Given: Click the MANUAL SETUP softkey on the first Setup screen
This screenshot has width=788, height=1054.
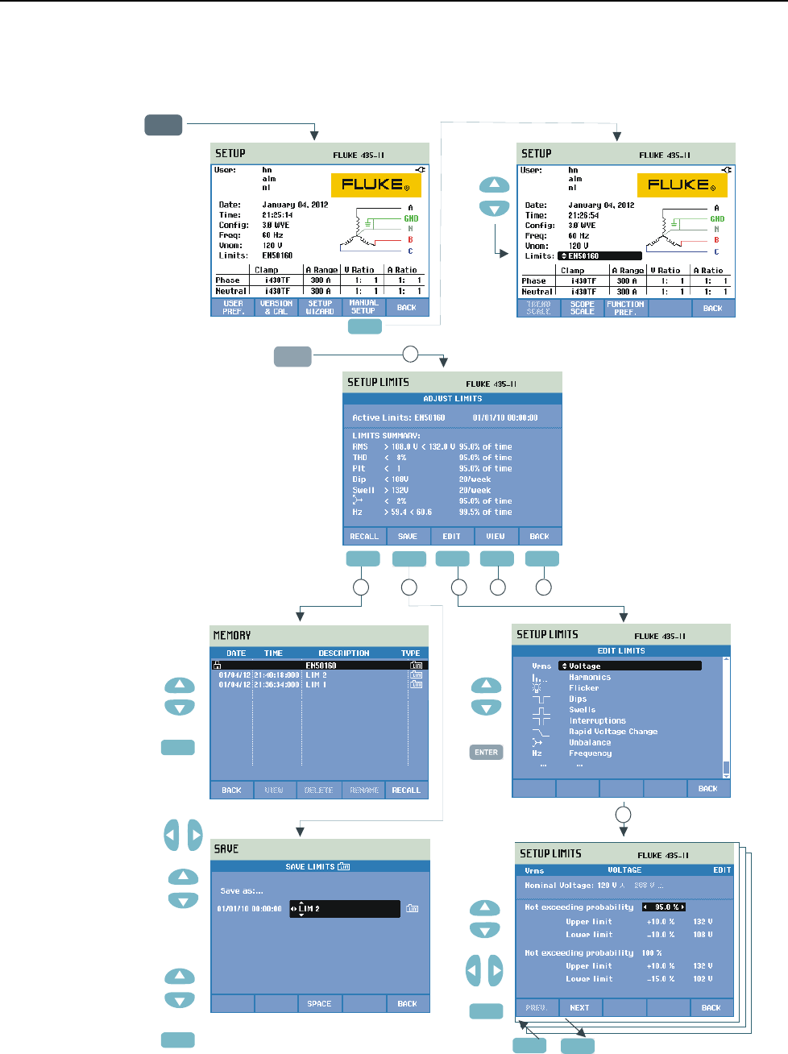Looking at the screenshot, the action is pyautogui.click(x=363, y=307).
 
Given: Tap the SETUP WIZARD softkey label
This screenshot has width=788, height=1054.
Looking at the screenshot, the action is pyautogui.click(x=320, y=307).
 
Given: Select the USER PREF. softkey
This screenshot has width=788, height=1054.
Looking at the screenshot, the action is pyautogui.click(x=233, y=307).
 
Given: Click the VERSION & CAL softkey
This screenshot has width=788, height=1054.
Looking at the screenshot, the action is pyautogui.click(x=276, y=307).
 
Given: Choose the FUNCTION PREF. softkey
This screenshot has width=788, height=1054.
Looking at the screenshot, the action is pyautogui.click(x=625, y=308).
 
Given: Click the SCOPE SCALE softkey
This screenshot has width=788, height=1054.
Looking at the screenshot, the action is pyautogui.click(x=582, y=308).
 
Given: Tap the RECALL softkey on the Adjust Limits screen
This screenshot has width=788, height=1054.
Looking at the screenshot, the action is pyautogui.click(x=364, y=536).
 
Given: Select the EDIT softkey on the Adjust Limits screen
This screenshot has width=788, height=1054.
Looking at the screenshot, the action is pyautogui.click(x=451, y=536).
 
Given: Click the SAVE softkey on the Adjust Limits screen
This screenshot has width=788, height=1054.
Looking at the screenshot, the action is pyautogui.click(x=408, y=536).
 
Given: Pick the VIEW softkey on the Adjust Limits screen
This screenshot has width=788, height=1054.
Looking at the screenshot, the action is pyautogui.click(x=496, y=536).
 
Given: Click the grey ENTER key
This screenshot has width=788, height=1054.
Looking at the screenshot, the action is pyautogui.click(x=486, y=752).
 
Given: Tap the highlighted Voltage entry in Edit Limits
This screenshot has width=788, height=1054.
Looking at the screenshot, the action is pyautogui.click(x=629, y=666).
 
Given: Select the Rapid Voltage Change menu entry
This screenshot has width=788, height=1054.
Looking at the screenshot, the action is pyautogui.click(x=613, y=732).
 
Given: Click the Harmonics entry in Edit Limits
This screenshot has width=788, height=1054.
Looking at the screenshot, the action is pyautogui.click(x=590, y=677).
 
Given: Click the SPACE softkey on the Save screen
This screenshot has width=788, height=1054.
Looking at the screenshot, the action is pyautogui.click(x=319, y=1003).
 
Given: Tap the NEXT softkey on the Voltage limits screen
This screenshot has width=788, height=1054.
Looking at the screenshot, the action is pyautogui.click(x=579, y=1007).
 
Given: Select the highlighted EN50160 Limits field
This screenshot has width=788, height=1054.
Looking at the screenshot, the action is pyautogui.click(x=599, y=256).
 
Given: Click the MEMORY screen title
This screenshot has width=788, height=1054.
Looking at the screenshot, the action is pyautogui.click(x=232, y=635).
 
